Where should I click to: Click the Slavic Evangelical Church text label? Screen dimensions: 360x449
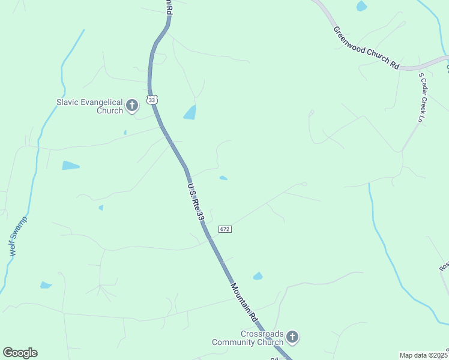(89, 106)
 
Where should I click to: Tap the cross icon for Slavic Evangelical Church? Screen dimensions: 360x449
(132, 106)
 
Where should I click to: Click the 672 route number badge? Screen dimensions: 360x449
(225, 229)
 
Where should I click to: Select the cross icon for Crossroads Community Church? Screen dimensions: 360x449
(292, 337)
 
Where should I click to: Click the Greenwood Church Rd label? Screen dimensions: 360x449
(367, 48)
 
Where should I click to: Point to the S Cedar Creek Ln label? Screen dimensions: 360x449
(423, 96)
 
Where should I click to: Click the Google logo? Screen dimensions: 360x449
(20, 353)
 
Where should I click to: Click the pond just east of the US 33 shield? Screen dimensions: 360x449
(190, 112)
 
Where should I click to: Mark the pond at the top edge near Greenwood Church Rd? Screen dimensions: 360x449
(361, 6)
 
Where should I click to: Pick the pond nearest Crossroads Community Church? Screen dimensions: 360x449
(258, 276)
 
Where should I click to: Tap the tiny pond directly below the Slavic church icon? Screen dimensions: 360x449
(125, 132)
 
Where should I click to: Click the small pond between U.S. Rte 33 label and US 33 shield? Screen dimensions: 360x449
(223, 178)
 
